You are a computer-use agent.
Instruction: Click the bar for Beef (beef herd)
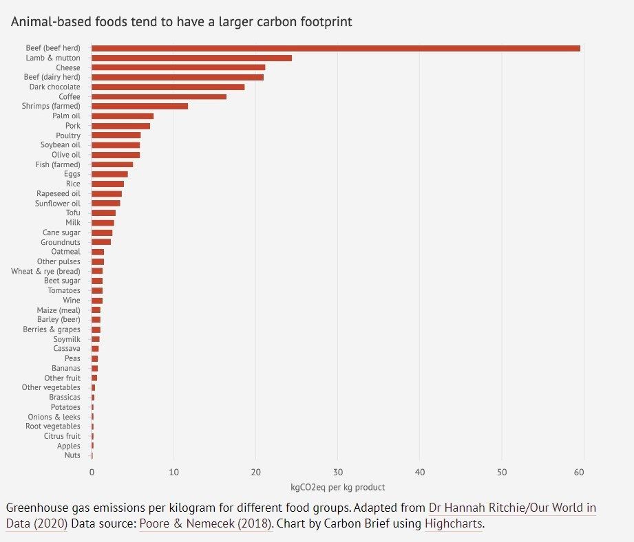click(x=335, y=48)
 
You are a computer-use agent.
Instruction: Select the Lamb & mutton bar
click(x=191, y=58)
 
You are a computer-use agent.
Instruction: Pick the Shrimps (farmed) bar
click(x=140, y=107)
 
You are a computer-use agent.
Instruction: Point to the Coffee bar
click(x=159, y=97)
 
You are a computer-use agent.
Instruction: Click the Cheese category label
click(x=68, y=67)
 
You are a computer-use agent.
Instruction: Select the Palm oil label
click(x=66, y=116)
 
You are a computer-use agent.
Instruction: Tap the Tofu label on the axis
click(x=73, y=213)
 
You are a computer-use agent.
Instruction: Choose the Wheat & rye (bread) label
click(x=45, y=271)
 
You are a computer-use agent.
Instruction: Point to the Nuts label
click(x=72, y=455)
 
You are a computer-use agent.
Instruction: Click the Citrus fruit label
click(x=62, y=436)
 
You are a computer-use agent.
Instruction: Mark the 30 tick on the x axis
click(x=337, y=473)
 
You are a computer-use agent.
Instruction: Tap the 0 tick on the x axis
click(x=92, y=473)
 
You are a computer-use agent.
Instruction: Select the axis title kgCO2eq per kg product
click(x=337, y=487)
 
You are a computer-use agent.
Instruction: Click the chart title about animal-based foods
click(x=181, y=22)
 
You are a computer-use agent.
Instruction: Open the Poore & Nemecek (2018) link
click(x=206, y=524)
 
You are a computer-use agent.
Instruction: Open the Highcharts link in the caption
click(x=453, y=524)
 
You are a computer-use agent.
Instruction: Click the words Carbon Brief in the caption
click(x=387, y=524)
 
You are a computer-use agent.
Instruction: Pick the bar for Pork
click(x=120, y=126)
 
